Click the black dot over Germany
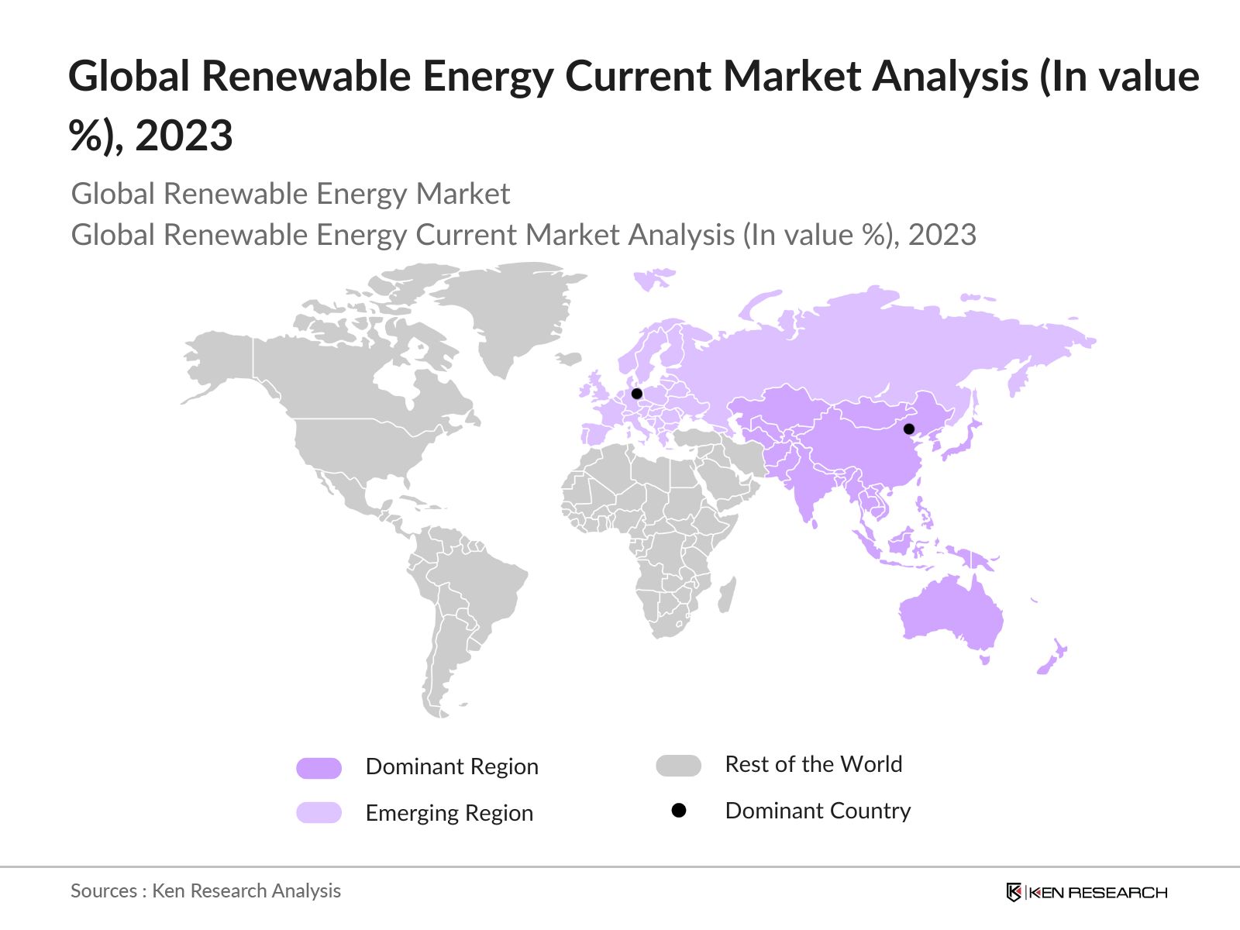pos(637,394)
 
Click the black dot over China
pos(909,429)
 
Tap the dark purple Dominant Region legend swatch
pos(319,768)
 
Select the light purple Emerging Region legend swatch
pos(319,812)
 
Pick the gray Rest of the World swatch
pos(678,766)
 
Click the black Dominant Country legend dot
pos(679,811)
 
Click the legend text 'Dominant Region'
pos(452,766)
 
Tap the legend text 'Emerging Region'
pos(449,813)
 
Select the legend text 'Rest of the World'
pos(814,764)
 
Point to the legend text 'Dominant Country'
pos(818,811)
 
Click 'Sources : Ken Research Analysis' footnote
pos(205,890)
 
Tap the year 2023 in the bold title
pos(184,136)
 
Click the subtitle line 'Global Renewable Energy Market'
pos(291,194)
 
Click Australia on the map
pos(949,616)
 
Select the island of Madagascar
pos(727,595)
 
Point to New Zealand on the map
pos(1054,657)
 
